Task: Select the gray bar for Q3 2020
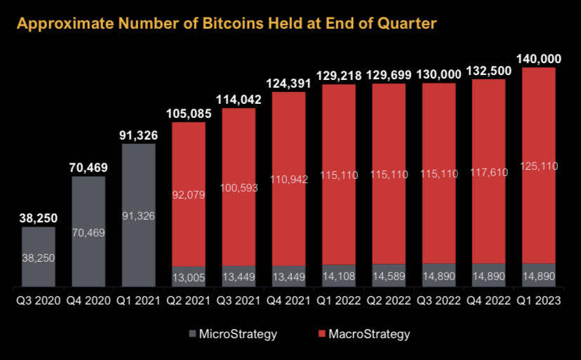click(x=39, y=257)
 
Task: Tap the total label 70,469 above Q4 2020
click(x=88, y=168)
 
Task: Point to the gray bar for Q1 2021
click(x=138, y=215)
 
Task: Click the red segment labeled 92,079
click(x=189, y=194)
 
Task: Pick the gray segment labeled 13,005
click(x=189, y=276)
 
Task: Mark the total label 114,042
click(x=239, y=100)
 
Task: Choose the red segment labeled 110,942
click(x=288, y=179)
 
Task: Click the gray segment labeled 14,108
click(x=339, y=276)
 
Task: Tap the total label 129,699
click(x=389, y=75)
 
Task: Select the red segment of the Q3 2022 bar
click(x=439, y=173)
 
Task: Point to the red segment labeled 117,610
click(x=489, y=171)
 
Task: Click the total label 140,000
click(x=539, y=59)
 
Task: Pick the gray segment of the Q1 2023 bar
click(x=539, y=275)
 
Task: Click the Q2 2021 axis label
click(x=189, y=300)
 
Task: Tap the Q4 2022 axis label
click(x=489, y=300)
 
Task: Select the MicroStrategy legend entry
click(x=233, y=334)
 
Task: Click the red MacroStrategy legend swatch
click(x=321, y=333)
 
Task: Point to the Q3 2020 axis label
click(x=39, y=300)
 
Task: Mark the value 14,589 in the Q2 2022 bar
click(x=389, y=276)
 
